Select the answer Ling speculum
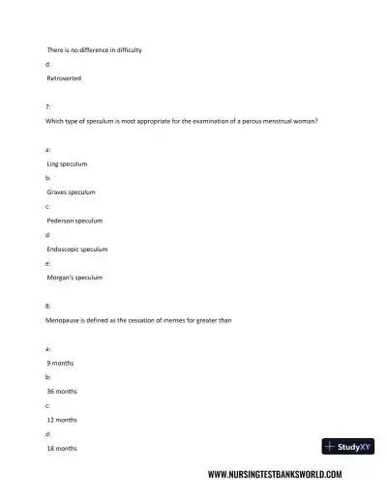[68, 164]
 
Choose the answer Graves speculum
[71, 192]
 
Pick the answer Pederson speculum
[74, 221]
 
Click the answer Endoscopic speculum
[77, 249]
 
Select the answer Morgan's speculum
[74, 278]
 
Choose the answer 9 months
[63, 363]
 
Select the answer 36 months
[65, 392]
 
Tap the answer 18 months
[65, 448]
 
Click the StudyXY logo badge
[347, 447]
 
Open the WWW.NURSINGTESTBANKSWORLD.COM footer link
[275, 475]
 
